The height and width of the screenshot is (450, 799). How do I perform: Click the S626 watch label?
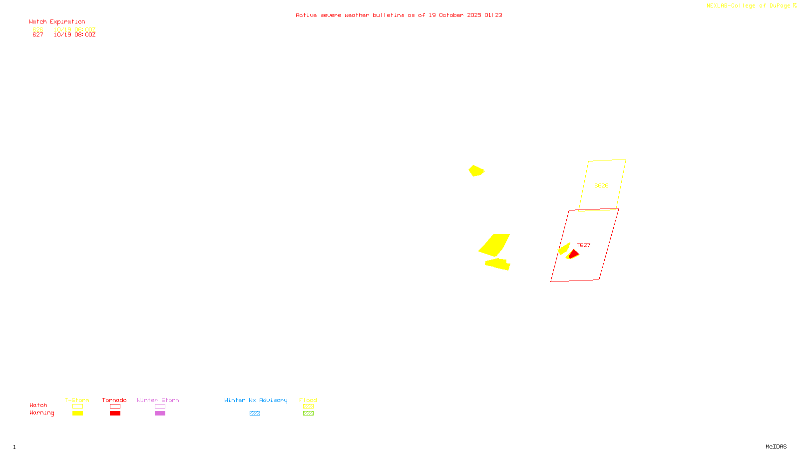click(x=601, y=185)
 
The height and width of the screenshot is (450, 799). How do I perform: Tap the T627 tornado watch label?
click(x=583, y=245)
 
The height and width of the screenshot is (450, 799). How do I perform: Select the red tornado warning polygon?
click(x=574, y=254)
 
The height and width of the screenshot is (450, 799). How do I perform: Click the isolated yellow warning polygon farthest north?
click(x=476, y=170)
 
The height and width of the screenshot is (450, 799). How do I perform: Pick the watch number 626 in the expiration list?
click(x=38, y=29)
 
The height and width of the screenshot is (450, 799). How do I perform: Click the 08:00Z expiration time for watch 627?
click(x=85, y=35)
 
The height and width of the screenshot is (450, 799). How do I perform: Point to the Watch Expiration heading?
click(x=57, y=22)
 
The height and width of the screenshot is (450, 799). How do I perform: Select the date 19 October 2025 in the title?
click(x=455, y=15)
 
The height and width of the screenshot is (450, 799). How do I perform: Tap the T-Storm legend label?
click(x=77, y=400)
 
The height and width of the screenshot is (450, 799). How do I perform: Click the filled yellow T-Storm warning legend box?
click(x=77, y=413)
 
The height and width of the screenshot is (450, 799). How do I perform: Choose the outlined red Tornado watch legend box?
click(x=115, y=406)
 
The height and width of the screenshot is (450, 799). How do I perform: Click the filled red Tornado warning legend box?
click(x=115, y=413)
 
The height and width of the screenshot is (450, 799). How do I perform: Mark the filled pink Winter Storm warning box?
click(x=160, y=413)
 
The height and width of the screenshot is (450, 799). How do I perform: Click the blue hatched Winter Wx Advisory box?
click(x=255, y=413)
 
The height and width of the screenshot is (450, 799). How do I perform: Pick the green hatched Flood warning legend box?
click(x=308, y=413)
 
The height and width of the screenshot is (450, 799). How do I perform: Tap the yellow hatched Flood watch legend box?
click(x=308, y=406)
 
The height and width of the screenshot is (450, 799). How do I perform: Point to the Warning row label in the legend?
click(x=41, y=413)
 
